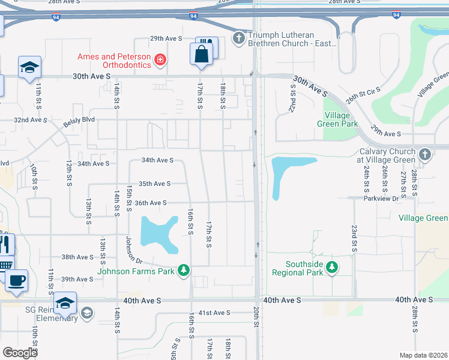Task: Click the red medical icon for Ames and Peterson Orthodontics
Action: coord(160,59)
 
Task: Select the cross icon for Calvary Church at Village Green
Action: coord(425,155)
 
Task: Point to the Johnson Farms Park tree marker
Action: coord(184,271)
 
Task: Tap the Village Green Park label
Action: coord(341,119)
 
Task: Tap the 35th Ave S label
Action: coord(154,184)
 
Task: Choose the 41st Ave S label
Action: coord(214,313)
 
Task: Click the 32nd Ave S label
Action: coord(30,120)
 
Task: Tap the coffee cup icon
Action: coord(16,280)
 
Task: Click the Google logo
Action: coord(20,352)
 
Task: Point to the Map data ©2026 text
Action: coord(423,355)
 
